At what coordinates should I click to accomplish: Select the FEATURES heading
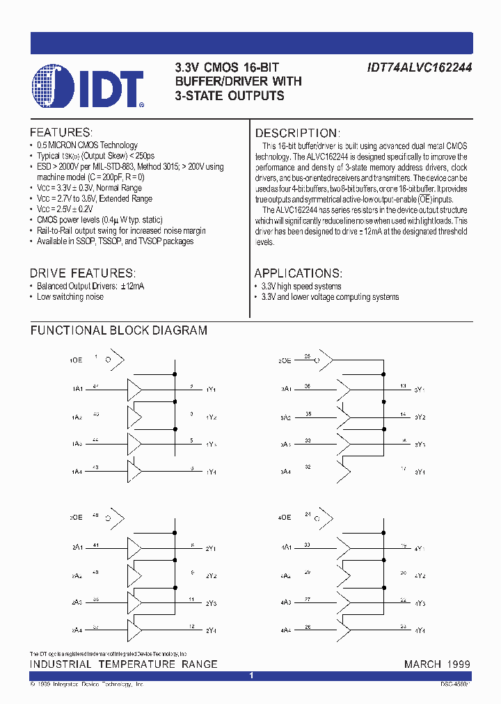61,132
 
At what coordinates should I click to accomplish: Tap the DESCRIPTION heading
297,133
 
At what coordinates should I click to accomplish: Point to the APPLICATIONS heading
298,273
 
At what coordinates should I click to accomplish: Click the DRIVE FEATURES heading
82,273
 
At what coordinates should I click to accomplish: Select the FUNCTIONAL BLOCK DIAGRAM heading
118,331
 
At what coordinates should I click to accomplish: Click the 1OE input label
76,360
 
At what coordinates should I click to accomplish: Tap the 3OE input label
285,360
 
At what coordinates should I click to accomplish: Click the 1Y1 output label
211,390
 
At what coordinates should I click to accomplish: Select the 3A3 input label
285,444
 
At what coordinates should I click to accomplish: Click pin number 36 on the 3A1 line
307,385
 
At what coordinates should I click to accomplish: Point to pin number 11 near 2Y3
192,599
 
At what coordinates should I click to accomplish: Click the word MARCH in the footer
422,664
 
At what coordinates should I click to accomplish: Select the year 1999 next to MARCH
457,664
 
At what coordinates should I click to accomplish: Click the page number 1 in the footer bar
251,675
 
